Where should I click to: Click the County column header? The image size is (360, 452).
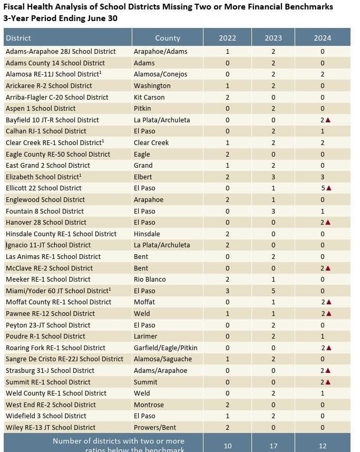[168, 38]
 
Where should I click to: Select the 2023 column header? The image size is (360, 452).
[273, 38]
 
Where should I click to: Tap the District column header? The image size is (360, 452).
[18, 38]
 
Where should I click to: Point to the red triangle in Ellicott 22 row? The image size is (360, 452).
[328, 188]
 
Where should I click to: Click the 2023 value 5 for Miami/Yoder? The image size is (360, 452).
[273, 291]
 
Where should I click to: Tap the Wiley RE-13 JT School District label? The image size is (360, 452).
[51, 427]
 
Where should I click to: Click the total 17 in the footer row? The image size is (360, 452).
[273, 446]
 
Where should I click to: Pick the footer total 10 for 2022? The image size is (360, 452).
[228, 446]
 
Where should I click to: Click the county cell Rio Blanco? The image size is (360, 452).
[150, 279]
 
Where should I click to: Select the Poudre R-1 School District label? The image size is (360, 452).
[45, 336]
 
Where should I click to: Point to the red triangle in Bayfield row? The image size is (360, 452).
[328, 120]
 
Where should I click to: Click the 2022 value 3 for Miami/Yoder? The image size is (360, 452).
[228, 291]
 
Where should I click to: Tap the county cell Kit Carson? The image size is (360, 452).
[149, 97]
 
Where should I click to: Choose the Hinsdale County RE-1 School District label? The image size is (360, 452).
[61, 234]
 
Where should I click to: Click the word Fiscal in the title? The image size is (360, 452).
[15, 7]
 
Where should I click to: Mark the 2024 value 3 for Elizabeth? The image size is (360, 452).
[323, 177]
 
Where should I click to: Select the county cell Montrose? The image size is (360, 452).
[149, 405]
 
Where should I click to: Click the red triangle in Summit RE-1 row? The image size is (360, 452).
[328, 382]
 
